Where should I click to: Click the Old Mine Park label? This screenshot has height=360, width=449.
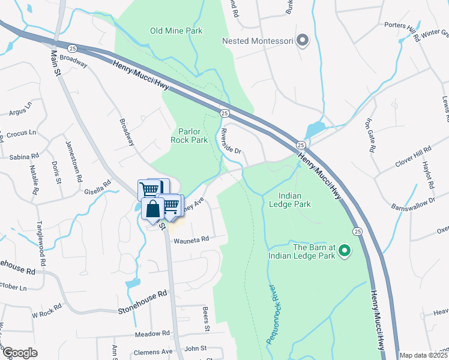(x=176, y=31)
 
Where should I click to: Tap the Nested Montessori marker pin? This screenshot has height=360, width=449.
(x=303, y=41)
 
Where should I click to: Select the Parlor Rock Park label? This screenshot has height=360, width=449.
(x=193, y=136)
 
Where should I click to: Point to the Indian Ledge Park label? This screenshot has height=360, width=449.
(x=294, y=200)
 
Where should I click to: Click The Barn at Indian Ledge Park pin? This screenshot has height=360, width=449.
(x=345, y=250)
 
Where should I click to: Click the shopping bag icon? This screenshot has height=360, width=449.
(x=153, y=210)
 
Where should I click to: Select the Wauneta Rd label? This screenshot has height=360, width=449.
(x=191, y=239)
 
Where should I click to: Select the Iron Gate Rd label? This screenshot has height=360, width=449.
(x=369, y=137)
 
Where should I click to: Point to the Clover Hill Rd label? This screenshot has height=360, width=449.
(x=413, y=157)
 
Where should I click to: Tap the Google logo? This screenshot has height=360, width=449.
(x=20, y=353)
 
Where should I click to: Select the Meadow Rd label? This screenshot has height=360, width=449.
(x=152, y=334)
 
